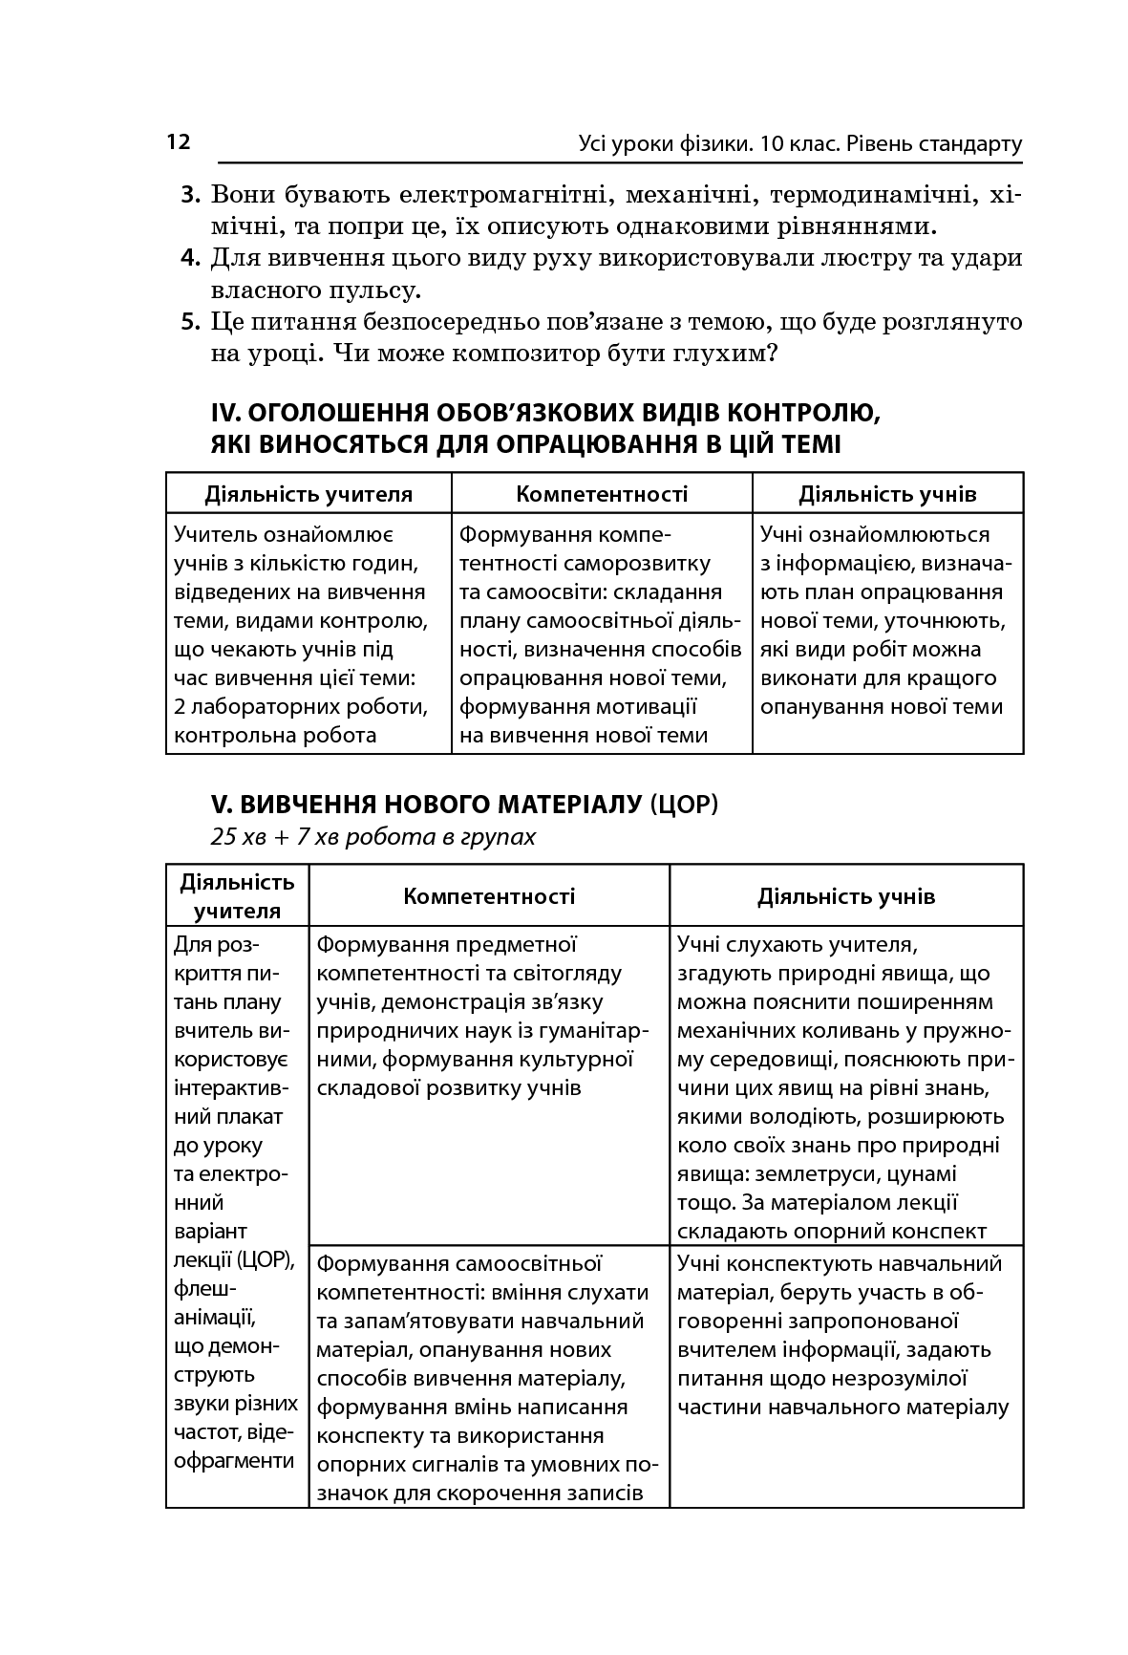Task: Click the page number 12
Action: click(179, 142)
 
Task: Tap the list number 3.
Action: click(191, 196)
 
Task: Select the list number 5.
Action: click(191, 322)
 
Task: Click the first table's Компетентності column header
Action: click(602, 494)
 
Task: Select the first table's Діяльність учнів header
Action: click(887, 494)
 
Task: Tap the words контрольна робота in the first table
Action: click(275, 736)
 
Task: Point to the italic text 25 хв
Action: click(239, 837)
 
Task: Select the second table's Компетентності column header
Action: click(489, 896)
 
